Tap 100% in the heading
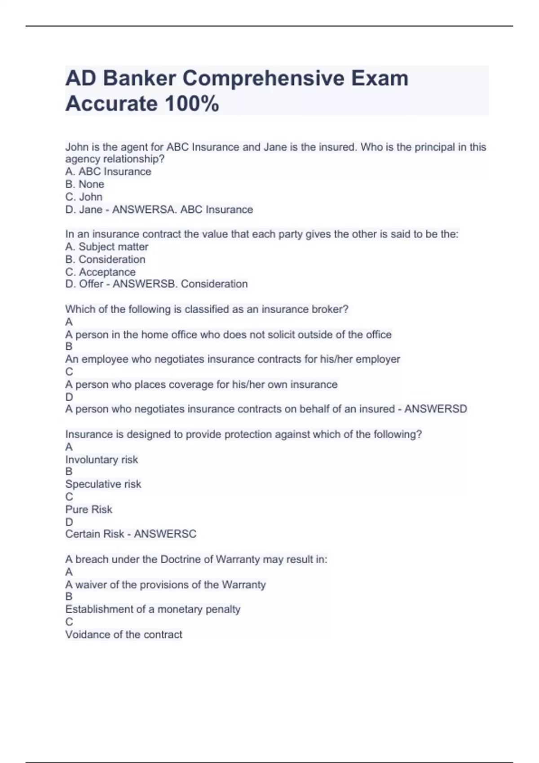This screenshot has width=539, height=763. tap(192, 104)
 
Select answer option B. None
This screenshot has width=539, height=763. tap(85, 184)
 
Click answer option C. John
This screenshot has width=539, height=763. tap(84, 197)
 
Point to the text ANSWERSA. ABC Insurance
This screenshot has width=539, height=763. tap(182, 210)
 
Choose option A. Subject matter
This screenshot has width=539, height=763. tap(107, 247)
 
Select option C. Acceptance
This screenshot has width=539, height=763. tap(101, 272)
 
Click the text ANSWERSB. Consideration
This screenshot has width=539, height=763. tap(180, 284)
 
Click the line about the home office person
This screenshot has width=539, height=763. tap(228, 335)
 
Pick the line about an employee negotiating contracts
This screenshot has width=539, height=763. tap(232, 360)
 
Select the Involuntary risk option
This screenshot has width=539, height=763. tap(102, 460)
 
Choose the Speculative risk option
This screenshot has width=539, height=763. tap(103, 484)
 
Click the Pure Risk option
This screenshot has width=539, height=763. tap(88, 509)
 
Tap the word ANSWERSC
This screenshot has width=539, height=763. tap(165, 534)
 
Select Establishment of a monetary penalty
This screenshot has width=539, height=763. tap(153, 610)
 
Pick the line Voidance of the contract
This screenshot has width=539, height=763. tap(124, 635)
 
